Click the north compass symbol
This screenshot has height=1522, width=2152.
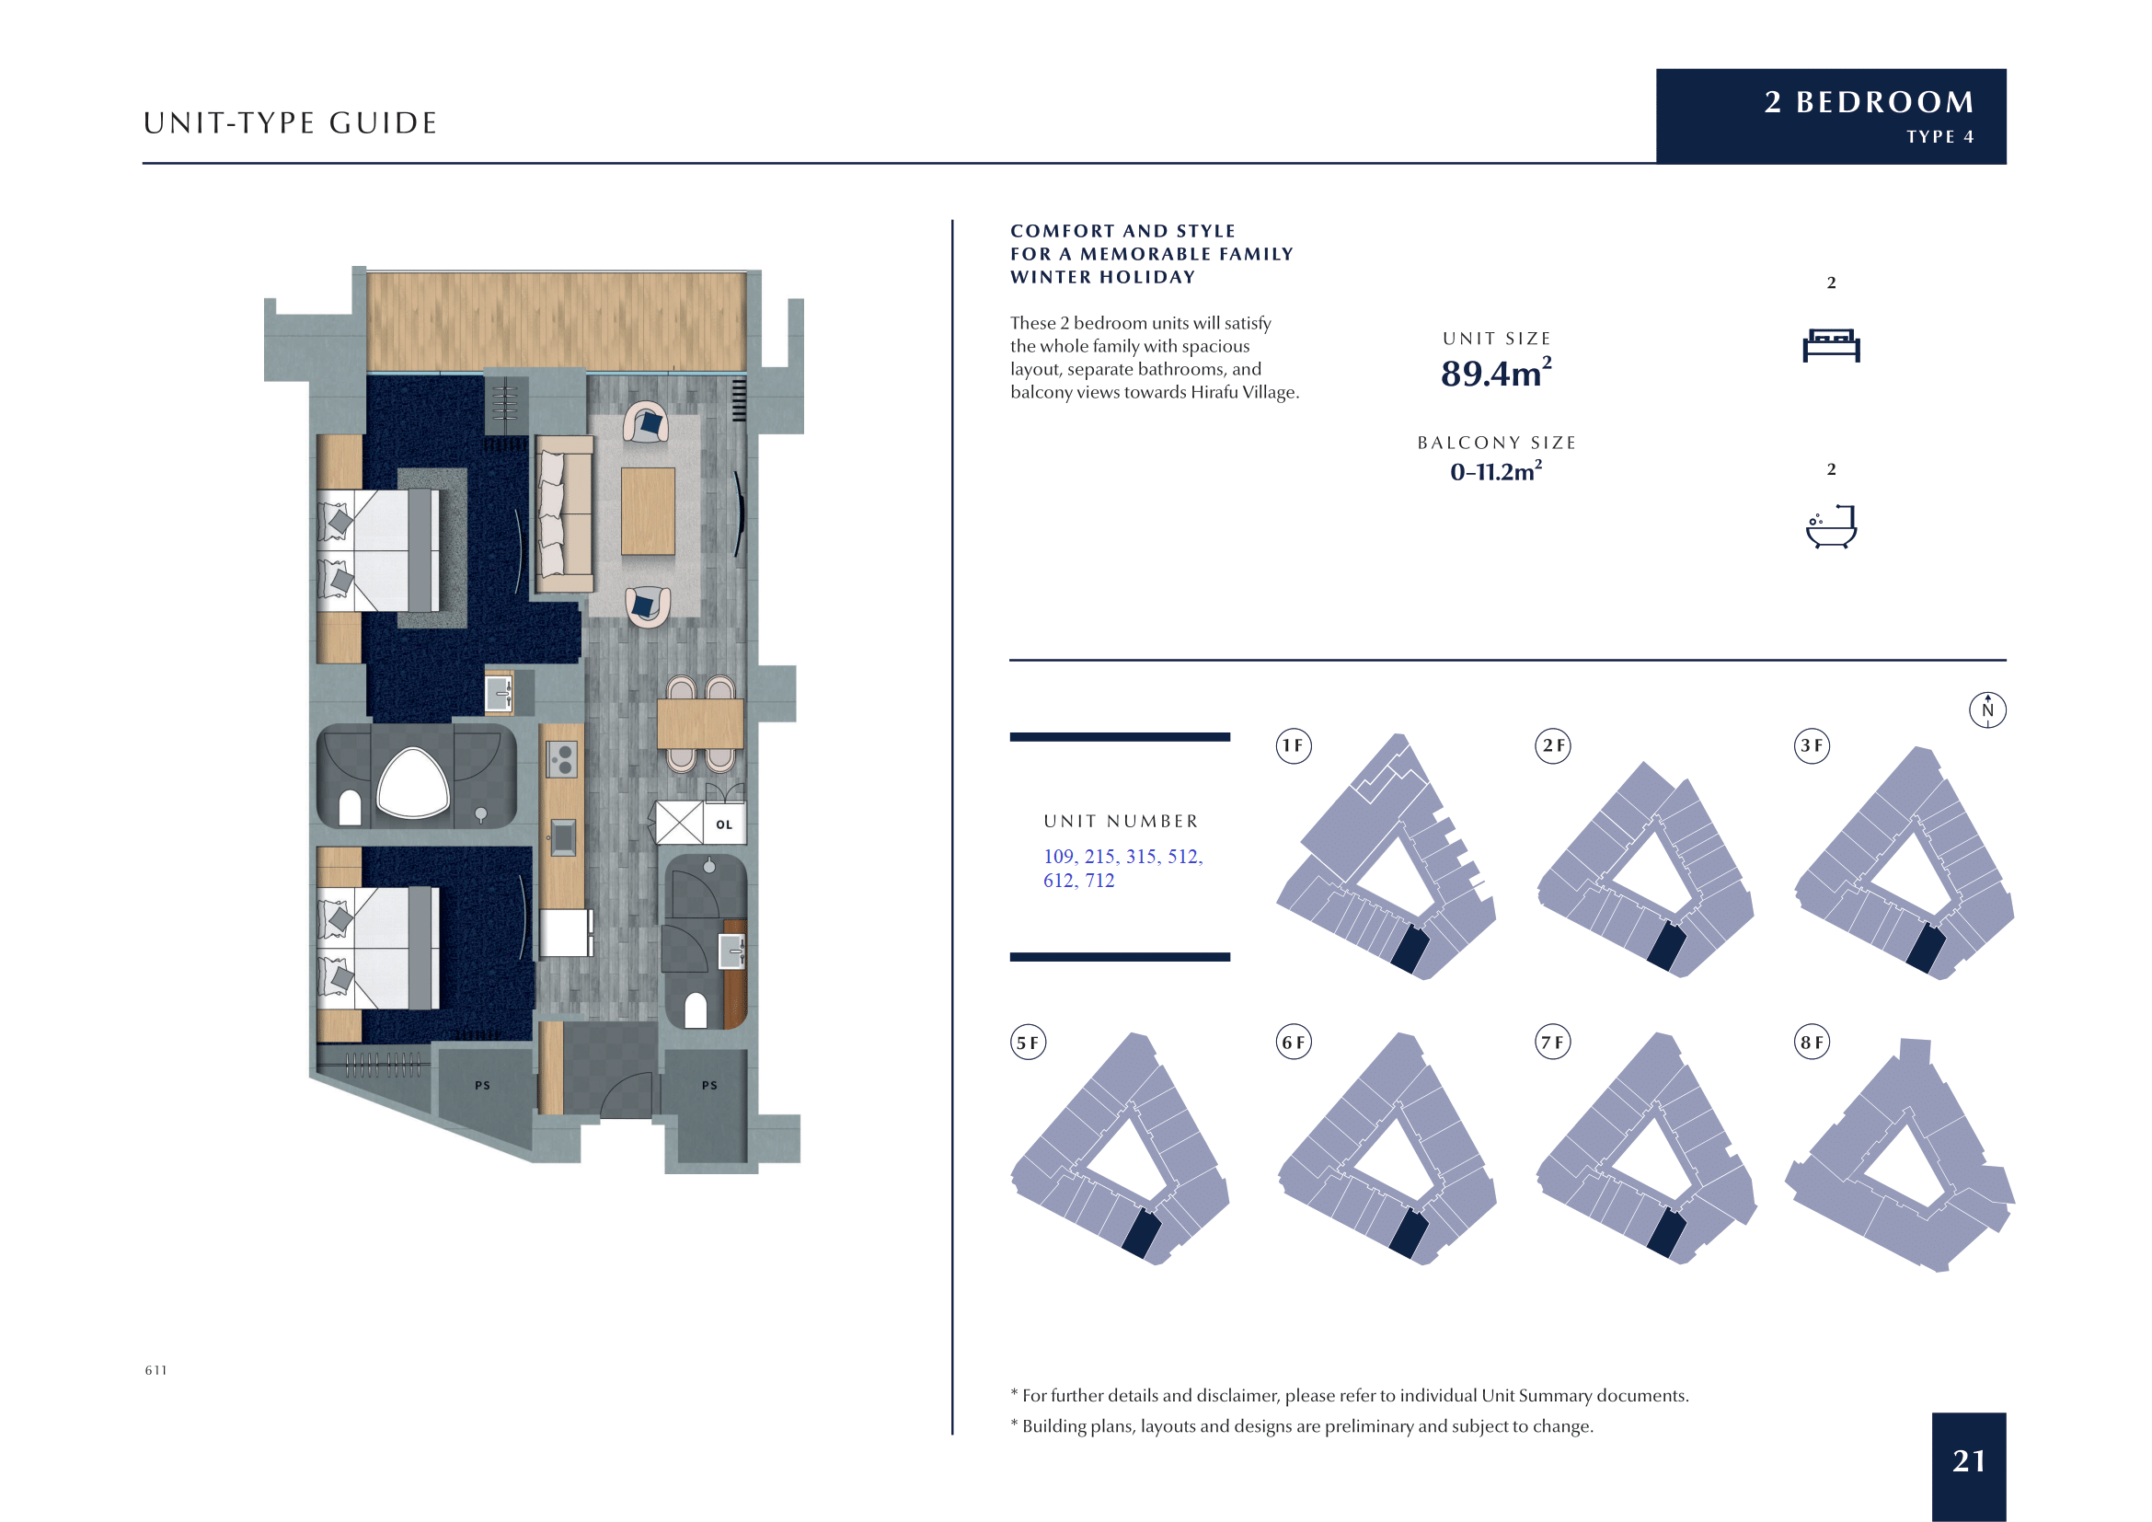pyautogui.click(x=1987, y=709)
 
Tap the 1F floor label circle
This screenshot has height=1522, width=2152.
pyautogui.click(x=1294, y=746)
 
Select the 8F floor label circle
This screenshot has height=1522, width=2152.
pyautogui.click(x=1812, y=1043)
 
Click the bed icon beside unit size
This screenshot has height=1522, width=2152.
pyautogui.click(x=1832, y=345)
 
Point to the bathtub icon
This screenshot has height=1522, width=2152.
pyautogui.click(x=1832, y=526)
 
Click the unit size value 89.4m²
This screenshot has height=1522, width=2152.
pyautogui.click(x=1496, y=372)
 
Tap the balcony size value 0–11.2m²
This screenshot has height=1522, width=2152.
pyautogui.click(x=1496, y=471)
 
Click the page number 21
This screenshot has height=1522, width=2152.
pyautogui.click(x=1968, y=1460)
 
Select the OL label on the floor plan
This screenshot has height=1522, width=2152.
pyautogui.click(x=723, y=824)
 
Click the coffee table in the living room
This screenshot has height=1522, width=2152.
pyautogui.click(x=648, y=511)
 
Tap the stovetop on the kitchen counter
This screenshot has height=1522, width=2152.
pyautogui.click(x=561, y=759)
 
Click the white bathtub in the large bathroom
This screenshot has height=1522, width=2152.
pyautogui.click(x=412, y=782)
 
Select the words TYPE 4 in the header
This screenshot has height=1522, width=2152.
pyautogui.click(x=1940, y=137)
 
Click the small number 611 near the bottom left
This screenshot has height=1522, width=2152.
pyautogui.click(x=155, y=1370)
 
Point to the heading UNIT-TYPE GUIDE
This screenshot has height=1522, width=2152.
pyautogui.click(x=291, y=122)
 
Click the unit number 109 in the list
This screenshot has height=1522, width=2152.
pyautogui.click(x=1058, y=856)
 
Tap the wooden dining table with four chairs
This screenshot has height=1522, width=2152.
pyautogui.click(x=700, y=723)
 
